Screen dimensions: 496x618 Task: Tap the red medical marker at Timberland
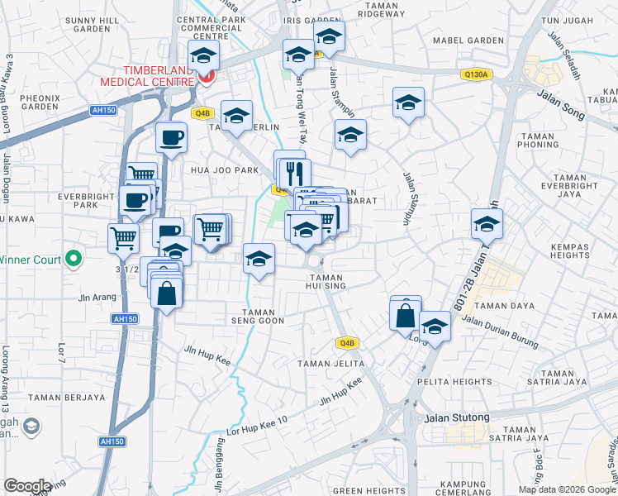tap(205, 78)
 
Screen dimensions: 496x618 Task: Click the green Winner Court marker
tap(74, 259)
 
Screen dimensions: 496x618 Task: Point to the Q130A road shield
tap(478, 74)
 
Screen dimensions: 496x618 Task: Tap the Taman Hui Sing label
tap(325, 281)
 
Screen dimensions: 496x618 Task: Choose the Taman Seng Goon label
tap(257, 316)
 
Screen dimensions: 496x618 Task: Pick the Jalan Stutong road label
tap(457, 417)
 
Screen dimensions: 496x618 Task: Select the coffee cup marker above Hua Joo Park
tap(171, 138)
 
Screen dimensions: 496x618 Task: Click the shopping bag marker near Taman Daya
tap(406, 314)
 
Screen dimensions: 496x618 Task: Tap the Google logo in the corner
tap(27, 486)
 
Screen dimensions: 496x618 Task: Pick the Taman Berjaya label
tap(67, 398)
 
